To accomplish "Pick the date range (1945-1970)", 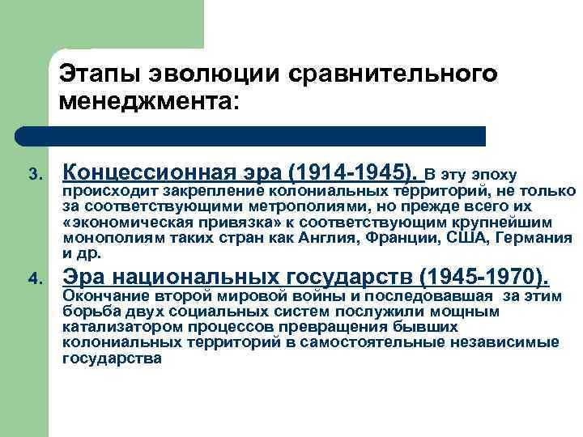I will pyautogui.click(x=479, y=277).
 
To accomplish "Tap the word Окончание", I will pyautogui.click(x=102, y=297).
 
